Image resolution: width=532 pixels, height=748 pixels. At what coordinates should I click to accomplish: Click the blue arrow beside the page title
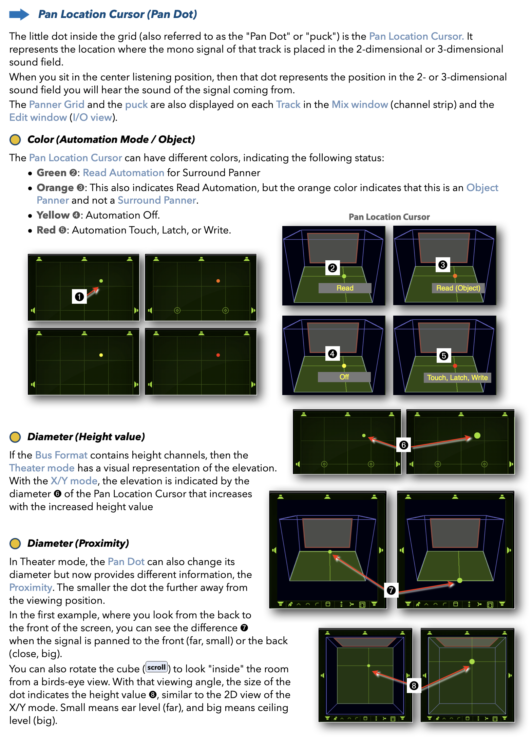[x=19, y=14]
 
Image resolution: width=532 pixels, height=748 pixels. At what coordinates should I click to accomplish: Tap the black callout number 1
[x=79, y=297]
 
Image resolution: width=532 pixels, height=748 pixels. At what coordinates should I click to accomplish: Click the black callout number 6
[x=403, y=445]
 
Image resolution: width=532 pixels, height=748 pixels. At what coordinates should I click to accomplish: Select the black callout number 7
[x=391, y=590]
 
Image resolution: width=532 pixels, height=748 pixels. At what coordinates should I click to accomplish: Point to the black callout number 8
[x=414, y=686]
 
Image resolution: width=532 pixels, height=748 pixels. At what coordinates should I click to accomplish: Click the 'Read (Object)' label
[x=458, y=288]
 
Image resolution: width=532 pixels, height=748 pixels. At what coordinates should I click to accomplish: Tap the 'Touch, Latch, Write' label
[x=457, y=377]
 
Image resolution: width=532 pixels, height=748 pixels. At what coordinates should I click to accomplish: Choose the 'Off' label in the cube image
[x=344, y=377]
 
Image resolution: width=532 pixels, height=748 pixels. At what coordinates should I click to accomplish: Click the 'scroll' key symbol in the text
[x=156, y=667]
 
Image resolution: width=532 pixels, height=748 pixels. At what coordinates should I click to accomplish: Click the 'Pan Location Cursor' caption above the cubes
[x=389, y=217]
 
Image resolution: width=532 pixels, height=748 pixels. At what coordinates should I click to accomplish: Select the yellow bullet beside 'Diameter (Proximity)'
[x=15, y=543]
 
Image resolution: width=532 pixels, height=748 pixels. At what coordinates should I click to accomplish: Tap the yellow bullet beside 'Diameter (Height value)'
[x=15, y=437]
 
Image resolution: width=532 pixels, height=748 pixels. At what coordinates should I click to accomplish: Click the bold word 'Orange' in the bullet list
[x=55, y=188]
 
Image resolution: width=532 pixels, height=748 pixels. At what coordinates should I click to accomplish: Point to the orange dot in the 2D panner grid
[x=218, y=281]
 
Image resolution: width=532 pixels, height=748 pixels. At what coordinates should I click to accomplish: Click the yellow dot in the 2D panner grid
[x=101, y=355]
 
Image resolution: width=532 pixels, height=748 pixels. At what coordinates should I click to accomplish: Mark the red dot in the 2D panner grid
[x=218, y=355]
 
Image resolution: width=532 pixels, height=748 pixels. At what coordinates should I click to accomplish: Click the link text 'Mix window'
[x=360, y=105]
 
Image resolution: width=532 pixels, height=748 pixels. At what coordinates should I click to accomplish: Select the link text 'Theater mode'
[x=42, y=468]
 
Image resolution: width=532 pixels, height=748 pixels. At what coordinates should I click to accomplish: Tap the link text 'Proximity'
[x=31, y=587]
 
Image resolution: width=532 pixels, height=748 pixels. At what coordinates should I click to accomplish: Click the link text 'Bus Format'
[x=61, y=455]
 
